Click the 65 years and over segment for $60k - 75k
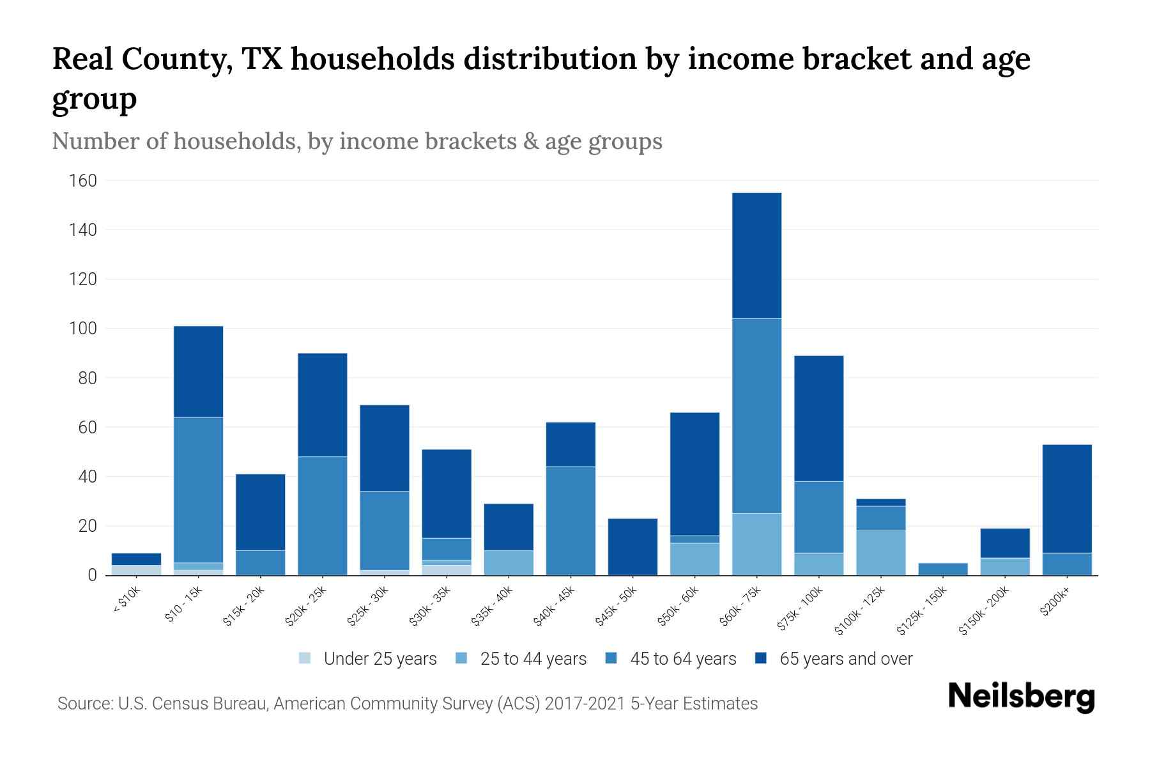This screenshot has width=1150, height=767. pos(756,256)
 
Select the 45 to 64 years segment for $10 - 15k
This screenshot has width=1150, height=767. pos(198,490)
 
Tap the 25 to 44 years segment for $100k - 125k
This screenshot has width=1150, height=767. pos(880,553)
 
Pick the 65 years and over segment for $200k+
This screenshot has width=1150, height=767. pos(1066,499)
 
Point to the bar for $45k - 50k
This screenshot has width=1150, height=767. pos(632,546)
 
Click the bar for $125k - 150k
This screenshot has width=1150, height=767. pos(942,569)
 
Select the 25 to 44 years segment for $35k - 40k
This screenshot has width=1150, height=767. pos(509,562)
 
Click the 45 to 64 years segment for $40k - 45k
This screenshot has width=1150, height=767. pos(571,520)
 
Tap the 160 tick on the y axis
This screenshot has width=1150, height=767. pos(83,181)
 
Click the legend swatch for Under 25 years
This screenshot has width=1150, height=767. pos(305,658)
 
